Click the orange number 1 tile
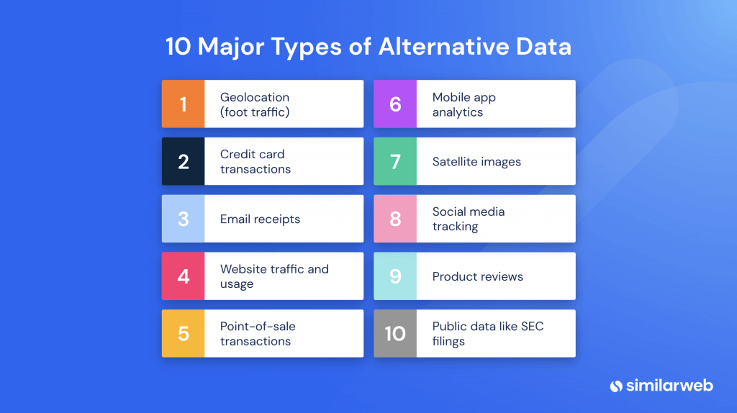pos(184,104)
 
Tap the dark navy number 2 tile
pos(184,161)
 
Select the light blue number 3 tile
pos(184,219)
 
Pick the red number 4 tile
pos(184,276)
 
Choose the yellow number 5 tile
pos(184,334)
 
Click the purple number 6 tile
pos(395,104)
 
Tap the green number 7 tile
pos(395,161)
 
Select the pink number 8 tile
pos(395,219)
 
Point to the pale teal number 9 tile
pos(395,276)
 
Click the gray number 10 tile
pos(395,334)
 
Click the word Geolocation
pos(255,97)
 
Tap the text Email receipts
pos(260,219)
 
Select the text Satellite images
pos(476,162)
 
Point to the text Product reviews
pos(478,277)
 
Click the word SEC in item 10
pos(533,327)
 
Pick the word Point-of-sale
pos(258,327)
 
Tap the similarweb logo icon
pos(616,386)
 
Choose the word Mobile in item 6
pos(451,97)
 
